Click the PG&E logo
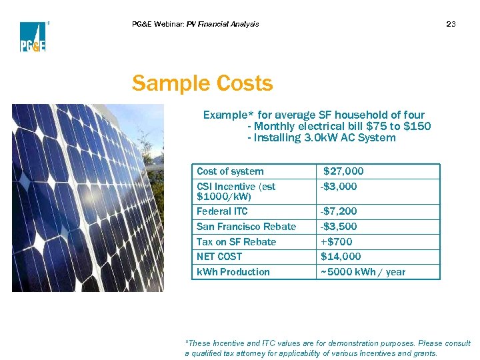tap(32, 37)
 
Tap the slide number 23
tap(451, 25)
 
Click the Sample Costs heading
tap(202, 84)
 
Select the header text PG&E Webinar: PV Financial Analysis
tap(195, 25)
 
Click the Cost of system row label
tap(230, 171)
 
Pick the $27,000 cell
tap(343, 171)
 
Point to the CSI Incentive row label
tap(236, 191)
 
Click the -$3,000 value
tap(339, 187)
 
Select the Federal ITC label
tap(222, 211)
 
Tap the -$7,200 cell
tap(339, 211)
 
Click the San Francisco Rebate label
tap(246, 227)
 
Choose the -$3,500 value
tap(339, 227)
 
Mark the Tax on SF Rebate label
tap(236, 242)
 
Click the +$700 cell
tap(337, 242)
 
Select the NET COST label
tap(219, 257)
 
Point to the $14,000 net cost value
tap(341, 257)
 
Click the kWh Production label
tap(233, 272)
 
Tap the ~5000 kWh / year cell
tap(363, 272)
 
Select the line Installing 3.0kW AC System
tap(321, 138)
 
